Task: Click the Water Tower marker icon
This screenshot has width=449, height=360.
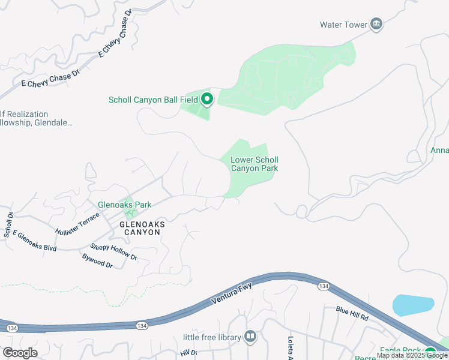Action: [376, 24]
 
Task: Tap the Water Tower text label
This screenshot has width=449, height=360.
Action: [343, 25]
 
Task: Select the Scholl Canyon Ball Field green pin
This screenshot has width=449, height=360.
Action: [207, 98]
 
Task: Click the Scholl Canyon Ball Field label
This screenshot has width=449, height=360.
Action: [153, 100]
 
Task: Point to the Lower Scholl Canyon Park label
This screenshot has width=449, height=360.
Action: [255, 164]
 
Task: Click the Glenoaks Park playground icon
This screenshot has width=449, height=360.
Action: [128, 212]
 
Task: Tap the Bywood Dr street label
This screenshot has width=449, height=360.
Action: [97, 260]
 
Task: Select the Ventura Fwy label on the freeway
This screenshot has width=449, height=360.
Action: [232, 293]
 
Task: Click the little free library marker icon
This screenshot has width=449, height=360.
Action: [250, 337]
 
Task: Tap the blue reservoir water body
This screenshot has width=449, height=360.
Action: [413, 305]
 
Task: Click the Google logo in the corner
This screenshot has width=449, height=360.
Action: [20, 353]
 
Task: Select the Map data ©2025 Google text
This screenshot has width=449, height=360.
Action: [412, 356]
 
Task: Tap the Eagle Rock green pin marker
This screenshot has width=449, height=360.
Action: [430, 352]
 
